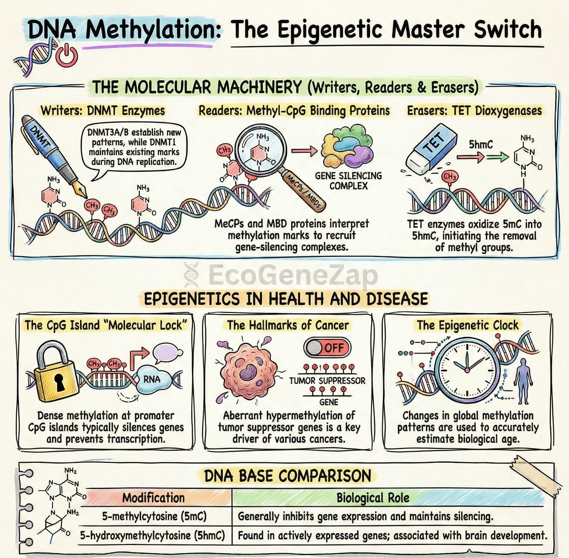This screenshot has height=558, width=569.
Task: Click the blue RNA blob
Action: tap(151, 380)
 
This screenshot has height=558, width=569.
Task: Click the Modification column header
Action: tap(153, 498)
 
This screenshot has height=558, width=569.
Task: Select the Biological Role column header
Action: tap(373, 498)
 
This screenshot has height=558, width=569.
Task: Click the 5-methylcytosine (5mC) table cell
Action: tap(154, 516)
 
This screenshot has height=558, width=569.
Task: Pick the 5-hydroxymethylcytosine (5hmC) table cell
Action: tap(153, 536)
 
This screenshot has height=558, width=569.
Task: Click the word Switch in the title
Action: tap(508, 30)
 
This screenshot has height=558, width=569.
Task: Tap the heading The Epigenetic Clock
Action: tap(468, 325)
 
